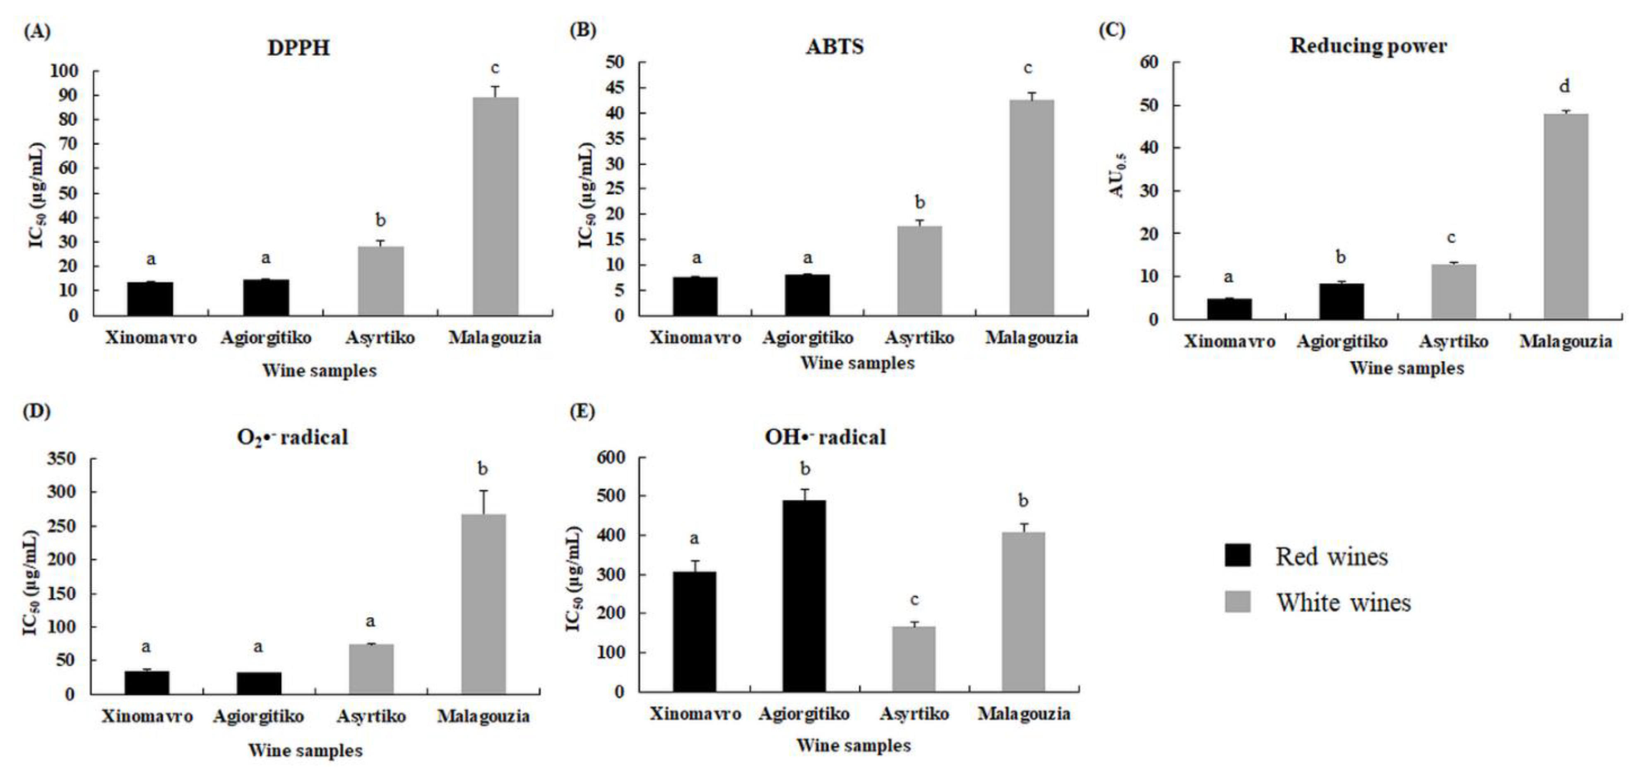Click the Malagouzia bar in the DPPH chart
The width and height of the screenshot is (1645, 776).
click(495, 206)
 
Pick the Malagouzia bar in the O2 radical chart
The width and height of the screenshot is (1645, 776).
click(483, 603)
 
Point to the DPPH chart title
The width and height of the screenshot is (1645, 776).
click(298, 48)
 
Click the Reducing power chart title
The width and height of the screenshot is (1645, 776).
click(1368, 46)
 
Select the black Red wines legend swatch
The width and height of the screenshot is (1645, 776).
click(1237, 555)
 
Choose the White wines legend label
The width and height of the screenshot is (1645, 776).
click(1343, 602)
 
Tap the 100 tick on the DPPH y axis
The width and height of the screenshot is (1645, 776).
click(64, 71)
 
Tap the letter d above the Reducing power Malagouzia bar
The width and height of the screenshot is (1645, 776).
click(1565, 86)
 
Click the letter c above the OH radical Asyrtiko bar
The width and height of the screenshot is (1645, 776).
click(914, 600)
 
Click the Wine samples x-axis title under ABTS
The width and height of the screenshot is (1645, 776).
click(857, 363)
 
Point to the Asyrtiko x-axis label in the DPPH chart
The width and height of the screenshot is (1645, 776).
click(380, 337)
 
